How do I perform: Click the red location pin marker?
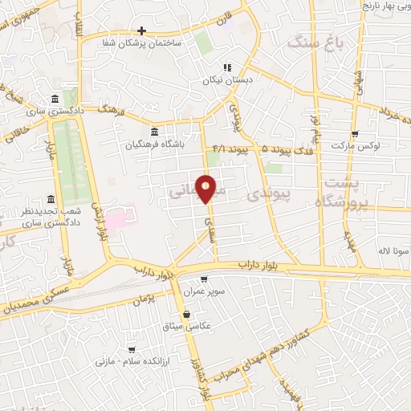tap(206, 188)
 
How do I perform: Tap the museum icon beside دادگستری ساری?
tap(55, 99)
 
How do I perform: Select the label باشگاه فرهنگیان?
tap(154, 146)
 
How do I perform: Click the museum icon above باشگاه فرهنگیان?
tap(154, 132)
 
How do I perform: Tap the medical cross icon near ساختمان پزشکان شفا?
tap(141, 30)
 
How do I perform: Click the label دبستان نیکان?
tap(227, 79)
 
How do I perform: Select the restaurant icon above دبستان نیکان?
tap(227, 67)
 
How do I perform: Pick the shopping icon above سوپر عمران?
tap(205, 280)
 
